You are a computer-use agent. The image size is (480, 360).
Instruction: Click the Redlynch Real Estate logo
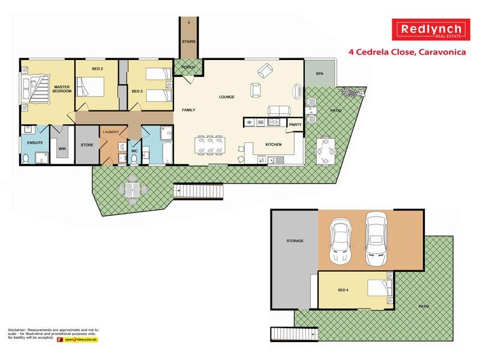pyautogui.click(x=431, y=29)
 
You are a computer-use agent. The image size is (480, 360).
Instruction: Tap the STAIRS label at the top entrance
pyautogui.click(x=188, y=41)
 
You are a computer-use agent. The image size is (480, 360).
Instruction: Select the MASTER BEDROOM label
pyautogui.click(x=62, y=89)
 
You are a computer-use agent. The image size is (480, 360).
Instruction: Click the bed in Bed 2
pyautogui.click(x=90, y=86)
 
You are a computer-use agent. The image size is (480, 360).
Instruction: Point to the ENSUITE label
pyautogui.click(x=35, y=143)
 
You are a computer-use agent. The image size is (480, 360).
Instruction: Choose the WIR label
pyautogui.click(x=62, y=149)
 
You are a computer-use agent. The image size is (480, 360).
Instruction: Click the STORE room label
pyautogui.click(x=87, y=145)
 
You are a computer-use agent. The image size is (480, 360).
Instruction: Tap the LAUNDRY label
pyautogui.click(x=111, y=132)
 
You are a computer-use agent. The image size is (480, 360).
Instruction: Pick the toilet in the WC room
pyautogui.click(x=134, y=159)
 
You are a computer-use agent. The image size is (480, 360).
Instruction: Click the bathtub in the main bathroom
pyautogui.click(x=168, y=152)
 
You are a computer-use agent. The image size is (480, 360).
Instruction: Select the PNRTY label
pyautogui.click(x=295, y=125)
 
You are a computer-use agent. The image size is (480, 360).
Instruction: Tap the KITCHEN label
pyautogui.click(x=274, y=145)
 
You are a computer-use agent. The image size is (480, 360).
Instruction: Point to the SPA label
pyautogui.click(x=320, y=74)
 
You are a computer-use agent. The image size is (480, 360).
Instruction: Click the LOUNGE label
pyautogui.click(x=227, y=97)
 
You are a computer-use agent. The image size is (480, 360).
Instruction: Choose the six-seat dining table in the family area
pyautogui.click(x=210, y=145)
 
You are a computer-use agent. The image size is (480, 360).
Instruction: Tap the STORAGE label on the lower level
pyautogui.click(x=295, y=241)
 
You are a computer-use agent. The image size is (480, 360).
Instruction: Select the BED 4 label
pyautogui.click(x=343, y=290)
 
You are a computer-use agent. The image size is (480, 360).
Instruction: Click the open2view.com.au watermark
pyautogui.click(x=77, y=340)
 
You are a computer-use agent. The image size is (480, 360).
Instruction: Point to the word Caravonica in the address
pyautogui.click(x=442, y=52)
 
